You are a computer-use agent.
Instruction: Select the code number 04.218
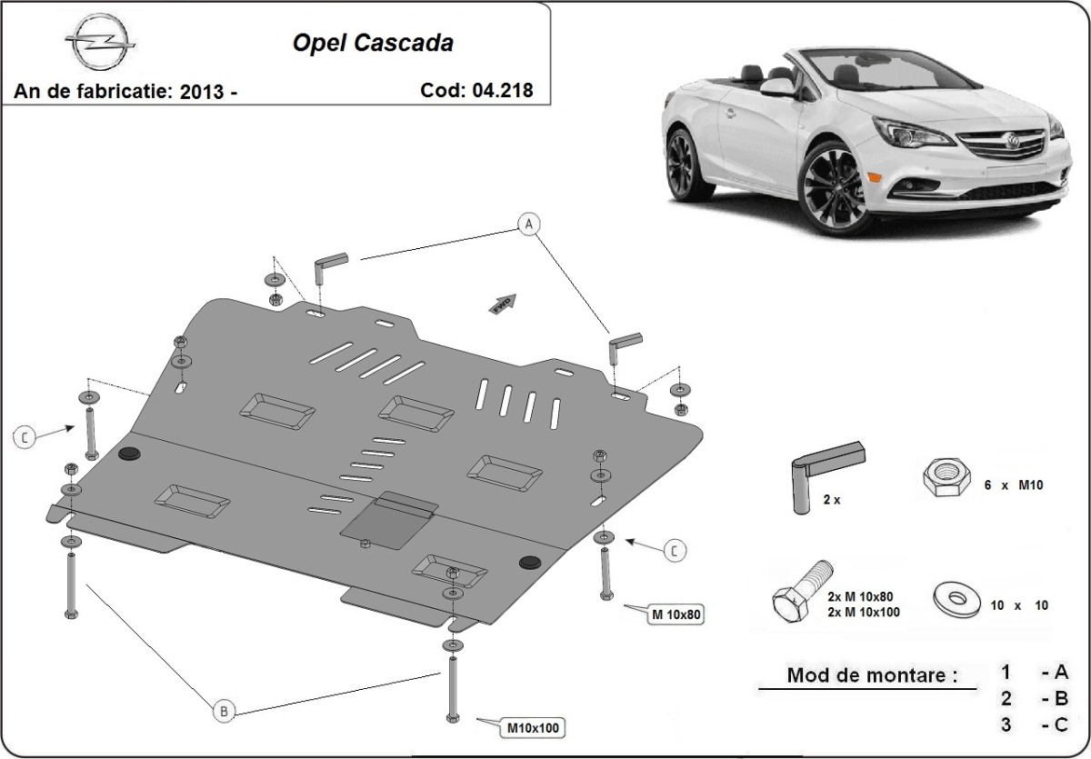(503, 90)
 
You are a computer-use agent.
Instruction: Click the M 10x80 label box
(676, 615)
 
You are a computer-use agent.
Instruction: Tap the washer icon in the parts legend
(956, 598)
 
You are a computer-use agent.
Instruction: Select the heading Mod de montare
(872, 675)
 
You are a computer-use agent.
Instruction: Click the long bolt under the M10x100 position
(451, 690)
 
